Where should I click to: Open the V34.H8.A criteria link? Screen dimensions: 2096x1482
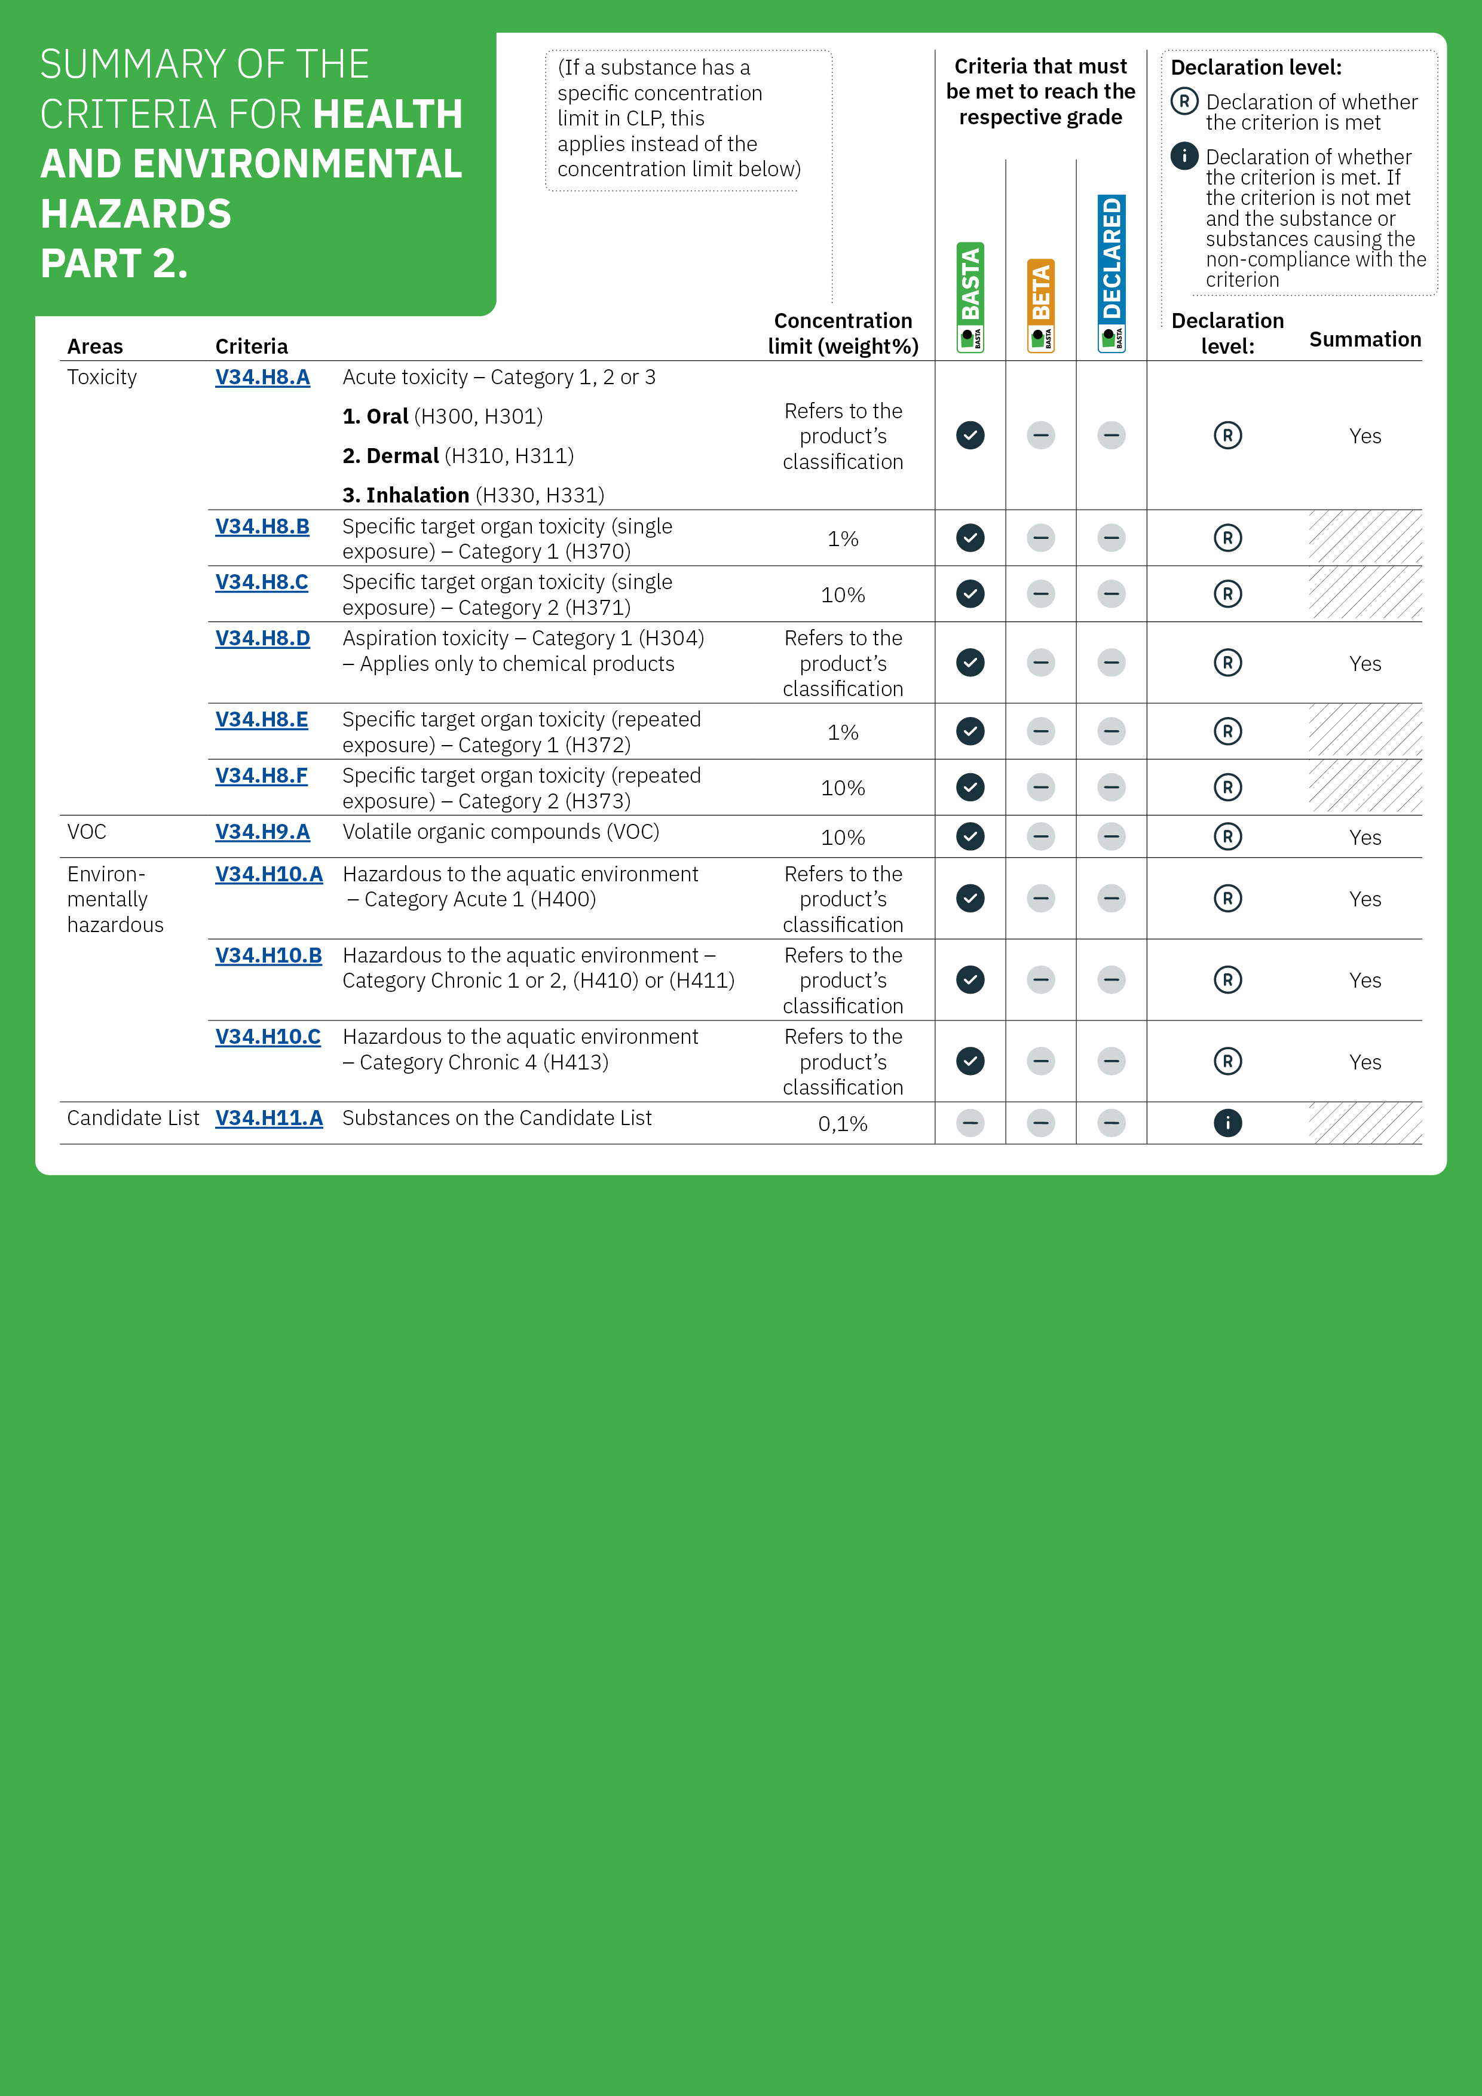262,377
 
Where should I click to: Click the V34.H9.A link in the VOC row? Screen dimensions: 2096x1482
262,832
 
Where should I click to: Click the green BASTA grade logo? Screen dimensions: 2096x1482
970,297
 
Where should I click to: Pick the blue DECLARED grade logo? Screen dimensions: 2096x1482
1111,273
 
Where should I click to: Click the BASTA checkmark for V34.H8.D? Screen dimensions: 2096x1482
970,663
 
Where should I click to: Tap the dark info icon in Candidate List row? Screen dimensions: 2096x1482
1227,1123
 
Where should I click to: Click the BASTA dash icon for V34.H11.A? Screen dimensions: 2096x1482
970,1123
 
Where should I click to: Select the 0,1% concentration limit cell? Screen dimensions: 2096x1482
842,1124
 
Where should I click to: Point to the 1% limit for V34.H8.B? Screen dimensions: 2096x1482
842,538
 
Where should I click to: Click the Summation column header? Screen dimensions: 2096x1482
1364,339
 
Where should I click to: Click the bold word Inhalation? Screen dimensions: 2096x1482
417,495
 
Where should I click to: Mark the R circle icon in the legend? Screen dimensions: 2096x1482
1184,102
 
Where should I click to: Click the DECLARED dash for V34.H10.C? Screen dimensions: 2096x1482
1111,1061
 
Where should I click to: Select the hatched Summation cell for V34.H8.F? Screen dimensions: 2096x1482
1364,787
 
